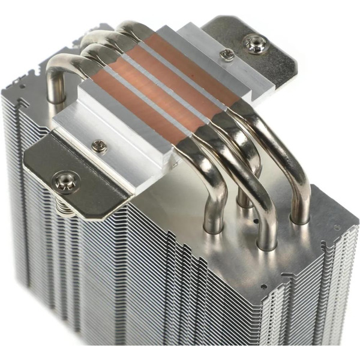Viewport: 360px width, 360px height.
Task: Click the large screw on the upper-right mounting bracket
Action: click(x=254, y=44)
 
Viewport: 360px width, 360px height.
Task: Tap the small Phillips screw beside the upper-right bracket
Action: click(x=227, y=55)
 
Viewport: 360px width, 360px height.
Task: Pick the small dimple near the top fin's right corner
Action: click(x=337, y=227)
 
